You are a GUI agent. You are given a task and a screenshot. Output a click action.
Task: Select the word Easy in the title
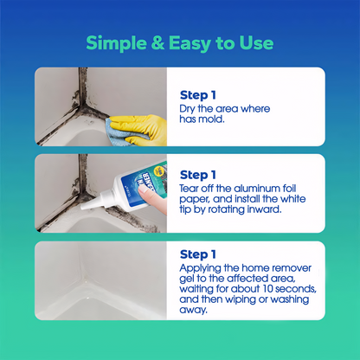click(193, 42)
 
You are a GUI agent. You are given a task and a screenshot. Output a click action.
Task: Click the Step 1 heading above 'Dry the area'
click(198, 94)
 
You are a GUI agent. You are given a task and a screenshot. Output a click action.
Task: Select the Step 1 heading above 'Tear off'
click(198, 174)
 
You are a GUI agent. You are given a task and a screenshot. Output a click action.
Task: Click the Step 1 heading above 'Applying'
click(198, 254)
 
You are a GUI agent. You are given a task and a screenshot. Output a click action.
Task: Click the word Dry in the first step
click(188, 109)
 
